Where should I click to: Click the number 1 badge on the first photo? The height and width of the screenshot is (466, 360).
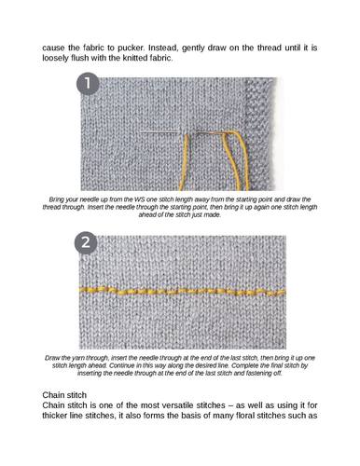[x=88, y=84]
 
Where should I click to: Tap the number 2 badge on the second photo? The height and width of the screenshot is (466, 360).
[x=86, y=242]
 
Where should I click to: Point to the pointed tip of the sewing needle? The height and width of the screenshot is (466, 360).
[x=140, y=131]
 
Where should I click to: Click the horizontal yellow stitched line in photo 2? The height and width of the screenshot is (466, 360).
[x=181, y=292]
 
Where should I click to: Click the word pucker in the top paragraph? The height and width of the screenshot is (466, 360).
[x=131, y=48]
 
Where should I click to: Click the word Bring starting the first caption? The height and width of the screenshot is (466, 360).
[x=56, y=199]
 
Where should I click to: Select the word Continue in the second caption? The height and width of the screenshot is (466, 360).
[x=119, y=365]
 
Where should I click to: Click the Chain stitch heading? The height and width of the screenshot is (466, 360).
[x=64, y=395]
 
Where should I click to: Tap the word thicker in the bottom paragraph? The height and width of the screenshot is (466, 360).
[x=54, y=416]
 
